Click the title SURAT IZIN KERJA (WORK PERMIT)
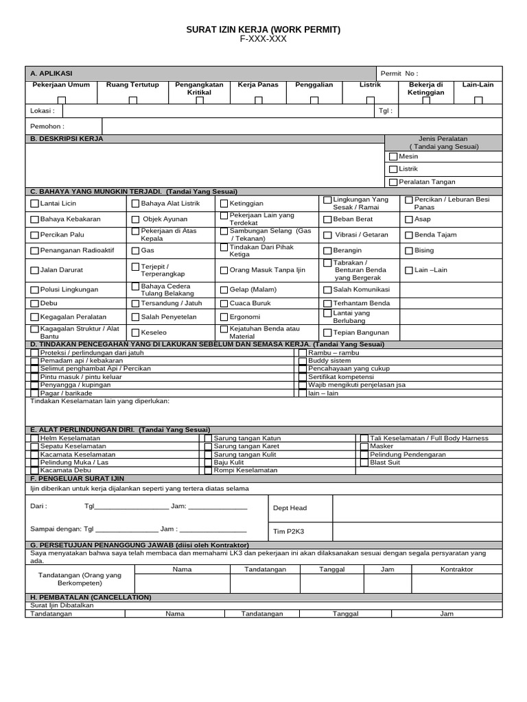point(263,30)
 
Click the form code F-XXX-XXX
point(263,40)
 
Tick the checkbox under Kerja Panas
point(259,100)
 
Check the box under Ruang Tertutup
point(133,100)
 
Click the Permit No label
point(401,73)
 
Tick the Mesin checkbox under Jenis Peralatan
point(393,157)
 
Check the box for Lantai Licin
point(34,204)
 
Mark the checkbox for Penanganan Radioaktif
point(34,252)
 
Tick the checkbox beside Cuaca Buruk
point(224,303)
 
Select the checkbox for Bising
point(408,251)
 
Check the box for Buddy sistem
point(302,361)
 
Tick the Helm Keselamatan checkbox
point(34,438)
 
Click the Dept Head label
point(290,508)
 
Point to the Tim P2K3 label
point(288,531)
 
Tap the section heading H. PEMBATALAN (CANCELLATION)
point(91,598)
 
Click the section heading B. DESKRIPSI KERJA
point(67,138)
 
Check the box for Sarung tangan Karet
point(208,446)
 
